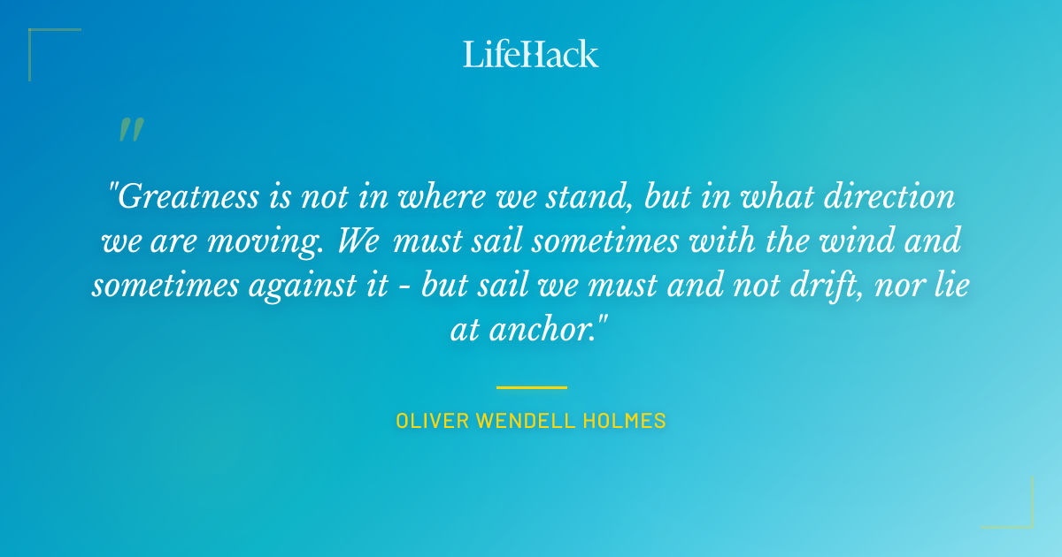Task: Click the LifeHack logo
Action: click(531, 54)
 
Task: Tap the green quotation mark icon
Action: click(131, 130)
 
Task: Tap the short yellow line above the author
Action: click(531, 387)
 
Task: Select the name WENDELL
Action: click(528, 421)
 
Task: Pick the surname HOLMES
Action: click(628, 421)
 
